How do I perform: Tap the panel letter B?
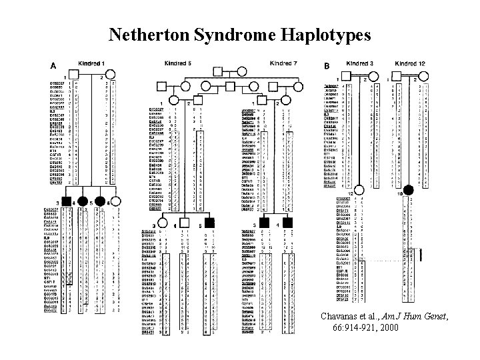click(x=326, y=65)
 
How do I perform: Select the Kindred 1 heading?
click(x=91, y=63)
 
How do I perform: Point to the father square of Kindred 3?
click(x=346, y=77)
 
